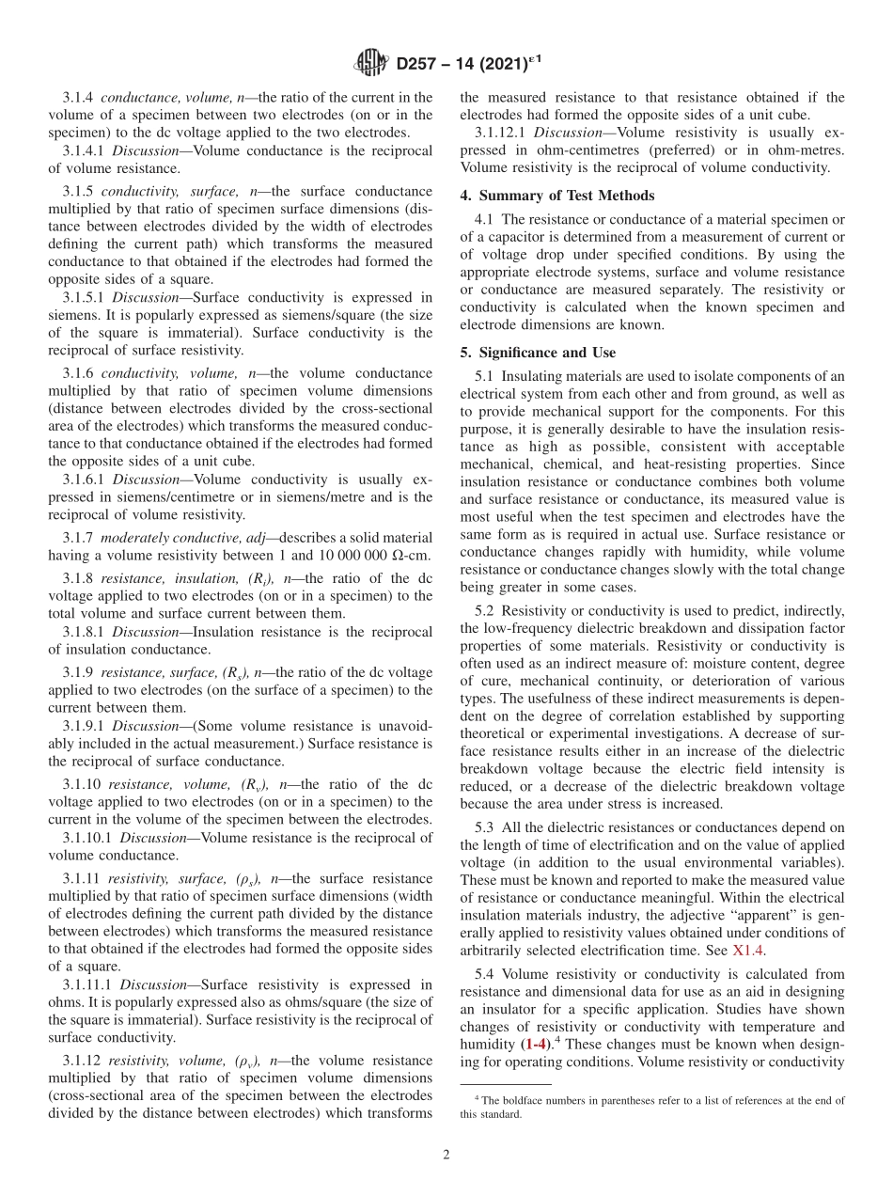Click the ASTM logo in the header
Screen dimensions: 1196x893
(x=369, y=64)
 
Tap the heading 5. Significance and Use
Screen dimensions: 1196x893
(x=538, y=352)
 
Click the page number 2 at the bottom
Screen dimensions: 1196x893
(x=446, y=1155)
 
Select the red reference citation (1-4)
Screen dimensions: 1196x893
(x=536, y=1044)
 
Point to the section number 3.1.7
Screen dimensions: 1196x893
(x=78, y=538)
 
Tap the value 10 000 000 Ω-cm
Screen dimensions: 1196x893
(x=375, y=556)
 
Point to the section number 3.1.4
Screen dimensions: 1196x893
(x=78, y=98)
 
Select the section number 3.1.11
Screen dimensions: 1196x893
(x=82, y=878)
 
